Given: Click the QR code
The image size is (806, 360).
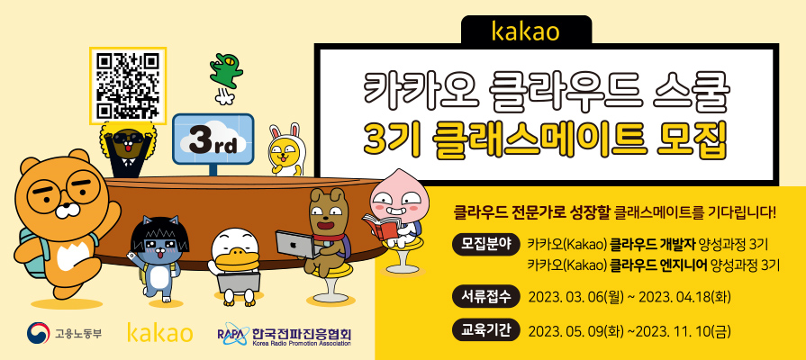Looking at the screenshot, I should click(128, 85).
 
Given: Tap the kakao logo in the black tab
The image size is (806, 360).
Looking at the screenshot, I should click(526, 30).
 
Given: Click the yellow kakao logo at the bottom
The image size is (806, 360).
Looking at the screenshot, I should click(160, 333).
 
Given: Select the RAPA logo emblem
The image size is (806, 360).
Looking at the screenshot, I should click(232, 333).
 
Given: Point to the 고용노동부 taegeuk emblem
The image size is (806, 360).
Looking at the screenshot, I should click(38, 333).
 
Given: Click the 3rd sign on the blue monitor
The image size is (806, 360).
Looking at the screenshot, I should click(213, 142).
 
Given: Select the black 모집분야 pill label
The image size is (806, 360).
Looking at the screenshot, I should click(485, 244).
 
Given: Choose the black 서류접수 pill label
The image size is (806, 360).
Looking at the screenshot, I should click(485, 295).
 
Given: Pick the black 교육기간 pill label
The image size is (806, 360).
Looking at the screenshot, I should click(485, 329).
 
